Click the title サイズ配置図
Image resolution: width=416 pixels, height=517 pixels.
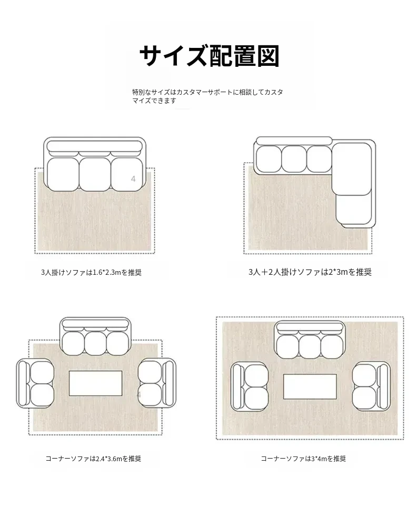coord(210,56)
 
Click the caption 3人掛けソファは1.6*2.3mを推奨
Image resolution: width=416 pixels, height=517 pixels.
coord(92,272)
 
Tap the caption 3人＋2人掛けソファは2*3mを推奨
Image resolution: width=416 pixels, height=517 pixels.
coord(310,272)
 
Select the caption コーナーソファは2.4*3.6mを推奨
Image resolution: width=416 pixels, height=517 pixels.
coord(93,459)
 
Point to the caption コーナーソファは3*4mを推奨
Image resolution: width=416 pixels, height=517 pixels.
coord(303,459)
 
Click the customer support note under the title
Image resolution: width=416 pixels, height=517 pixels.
coord(207,96)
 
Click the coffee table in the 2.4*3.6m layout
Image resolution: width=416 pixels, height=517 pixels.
coord(95,383)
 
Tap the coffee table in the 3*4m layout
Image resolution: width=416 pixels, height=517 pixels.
coord(310,386)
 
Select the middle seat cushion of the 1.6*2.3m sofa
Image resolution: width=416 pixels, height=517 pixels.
coord(95,174)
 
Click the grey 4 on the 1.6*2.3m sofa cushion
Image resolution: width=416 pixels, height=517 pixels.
coord(133,179)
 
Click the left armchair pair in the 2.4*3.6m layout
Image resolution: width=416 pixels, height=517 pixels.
coord(35,383)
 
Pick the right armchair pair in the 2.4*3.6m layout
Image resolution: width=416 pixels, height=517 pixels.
coord(157,383)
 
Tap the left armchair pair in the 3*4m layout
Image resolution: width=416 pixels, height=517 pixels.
coord(250,386)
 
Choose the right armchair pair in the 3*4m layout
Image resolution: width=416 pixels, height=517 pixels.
coord(371,386)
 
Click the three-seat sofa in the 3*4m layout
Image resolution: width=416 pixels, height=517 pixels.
coord(310,340)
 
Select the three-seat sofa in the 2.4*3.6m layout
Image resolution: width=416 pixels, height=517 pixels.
coord(95,336)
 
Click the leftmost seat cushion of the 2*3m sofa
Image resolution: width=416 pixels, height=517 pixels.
coord(269,159)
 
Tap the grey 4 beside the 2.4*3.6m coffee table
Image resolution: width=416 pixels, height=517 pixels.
coord(139,395)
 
